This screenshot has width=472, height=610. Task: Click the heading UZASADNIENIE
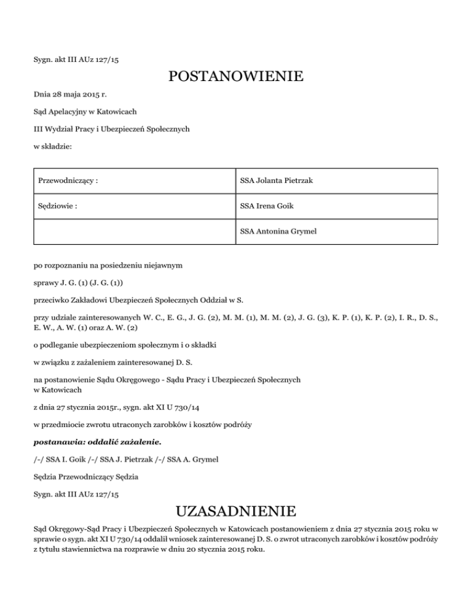pyautogui.click(x=235, y=511)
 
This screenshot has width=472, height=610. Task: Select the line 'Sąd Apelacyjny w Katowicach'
pyautogui.click(x=85, y=112)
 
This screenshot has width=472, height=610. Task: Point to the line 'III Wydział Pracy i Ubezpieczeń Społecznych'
pyautogui.click(x=111, y=129)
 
